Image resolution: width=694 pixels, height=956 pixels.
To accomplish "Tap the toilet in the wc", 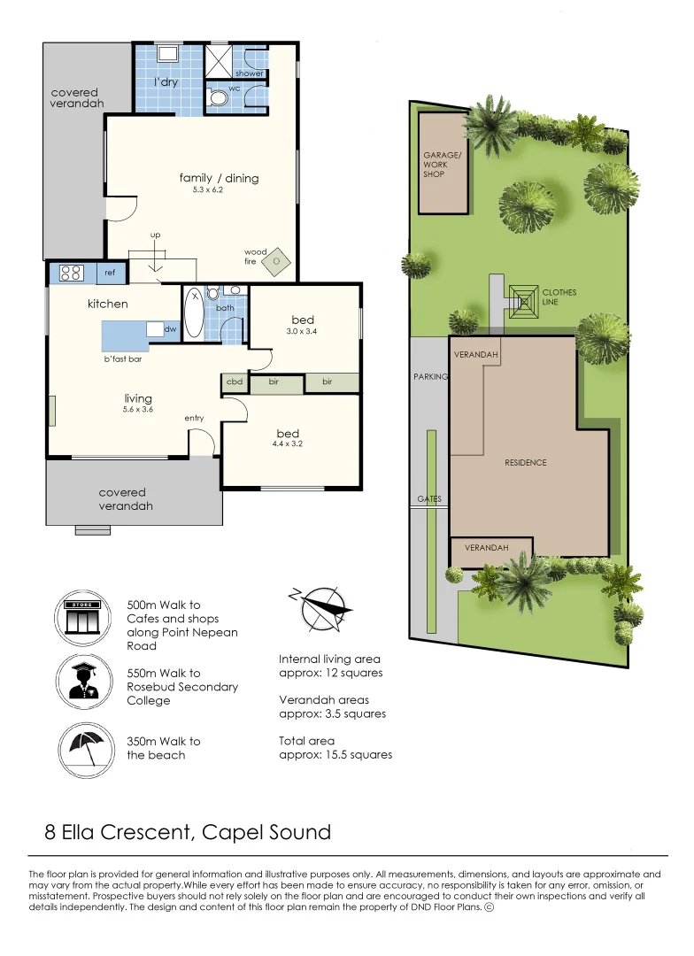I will [217, 98].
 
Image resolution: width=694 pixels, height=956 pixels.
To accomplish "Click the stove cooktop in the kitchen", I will [71, 274].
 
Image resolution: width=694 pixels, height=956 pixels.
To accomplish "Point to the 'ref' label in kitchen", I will [110, 274].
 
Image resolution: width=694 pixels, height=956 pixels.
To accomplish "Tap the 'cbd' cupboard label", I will [235, 382].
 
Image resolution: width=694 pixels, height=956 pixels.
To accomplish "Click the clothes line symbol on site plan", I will [521, 297].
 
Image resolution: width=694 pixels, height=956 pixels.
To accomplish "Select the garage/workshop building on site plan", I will [443, 163].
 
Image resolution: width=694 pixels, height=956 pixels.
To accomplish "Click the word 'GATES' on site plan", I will [429, 499].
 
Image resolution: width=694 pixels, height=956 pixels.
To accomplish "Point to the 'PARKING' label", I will [431, 376].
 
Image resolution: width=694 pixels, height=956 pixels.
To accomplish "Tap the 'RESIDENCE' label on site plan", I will [526, 462].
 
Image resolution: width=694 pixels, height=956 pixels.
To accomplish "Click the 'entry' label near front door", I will [195, 418].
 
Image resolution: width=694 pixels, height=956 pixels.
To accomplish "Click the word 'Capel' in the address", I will [234, 832].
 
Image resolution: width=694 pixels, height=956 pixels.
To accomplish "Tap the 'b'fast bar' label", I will [123, 359].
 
